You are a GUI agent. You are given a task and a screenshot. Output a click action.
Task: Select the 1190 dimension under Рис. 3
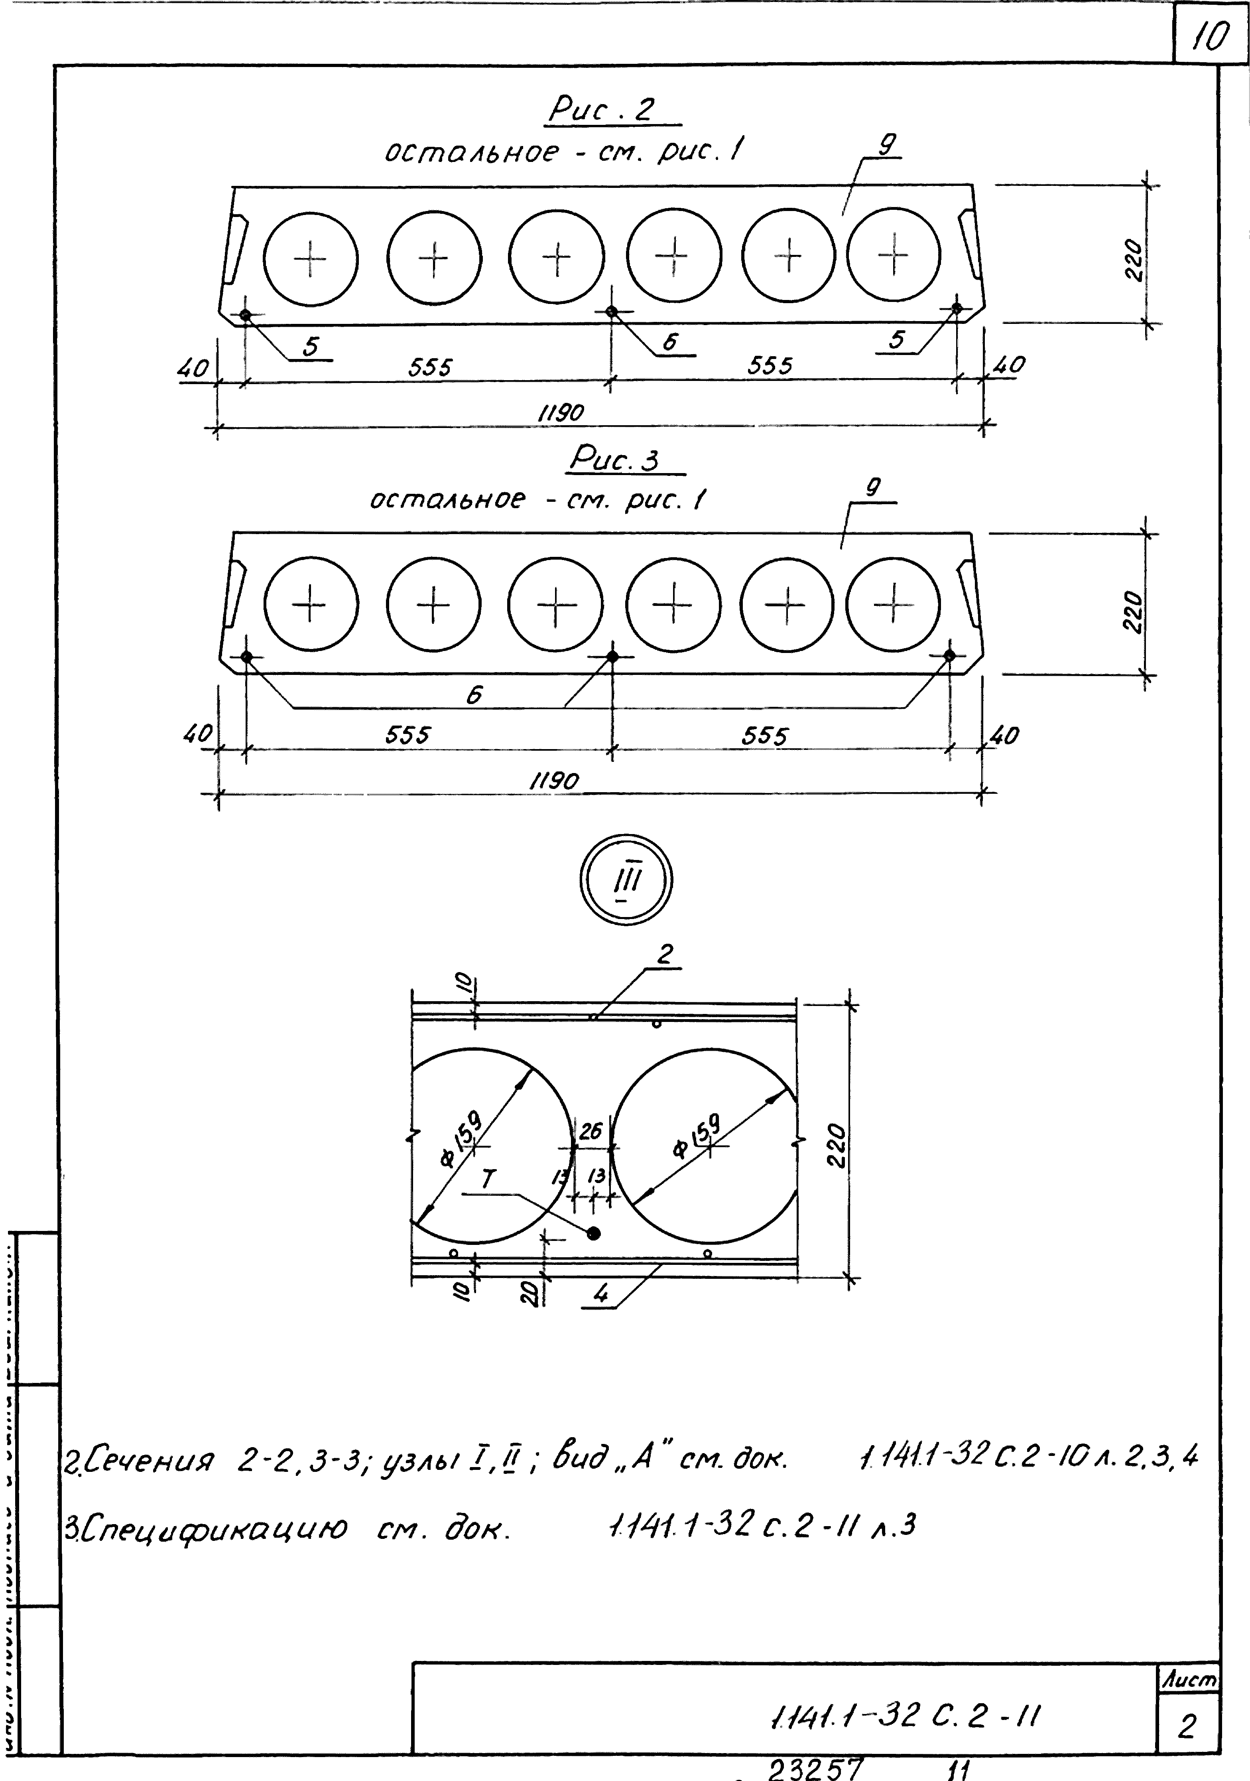[554, 780]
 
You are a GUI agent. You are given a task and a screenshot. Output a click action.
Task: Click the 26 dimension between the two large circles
[590, 1132]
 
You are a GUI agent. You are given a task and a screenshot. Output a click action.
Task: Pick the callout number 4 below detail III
[601, 1293]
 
